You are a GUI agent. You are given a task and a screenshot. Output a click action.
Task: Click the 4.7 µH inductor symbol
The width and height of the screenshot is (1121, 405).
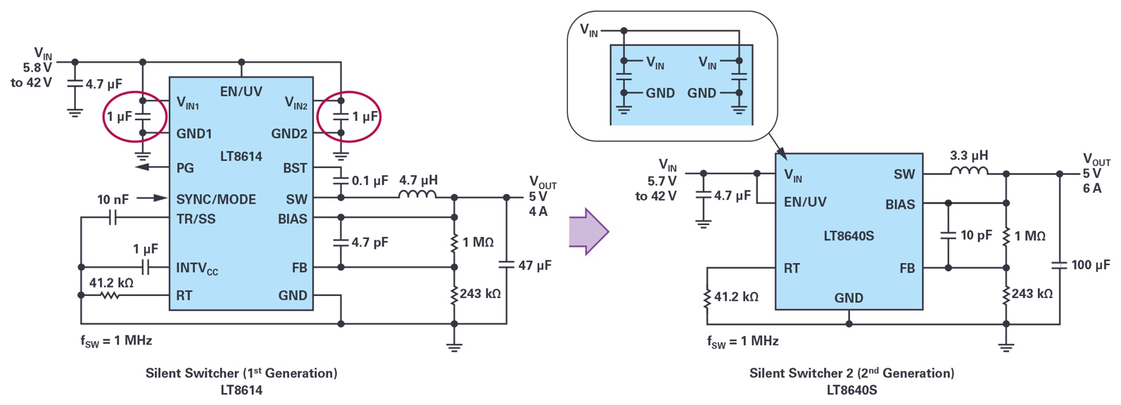pos(417,194)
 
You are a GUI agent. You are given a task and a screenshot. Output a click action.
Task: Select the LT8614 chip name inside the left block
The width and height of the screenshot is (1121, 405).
pos(241,157)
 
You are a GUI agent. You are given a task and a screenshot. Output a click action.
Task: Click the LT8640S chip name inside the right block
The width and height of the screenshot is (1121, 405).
pos(849,236)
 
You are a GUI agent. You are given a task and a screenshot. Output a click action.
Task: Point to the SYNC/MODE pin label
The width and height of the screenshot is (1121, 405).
pos(216,200)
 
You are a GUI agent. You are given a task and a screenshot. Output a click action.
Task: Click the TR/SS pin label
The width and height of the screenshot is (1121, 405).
pos(196,219)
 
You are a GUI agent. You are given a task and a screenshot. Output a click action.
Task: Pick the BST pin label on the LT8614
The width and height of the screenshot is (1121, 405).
pos(295,168)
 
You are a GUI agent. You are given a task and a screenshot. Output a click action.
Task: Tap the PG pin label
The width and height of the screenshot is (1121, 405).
pos(185,168)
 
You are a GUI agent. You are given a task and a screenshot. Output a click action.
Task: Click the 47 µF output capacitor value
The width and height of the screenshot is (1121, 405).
pos(535,266)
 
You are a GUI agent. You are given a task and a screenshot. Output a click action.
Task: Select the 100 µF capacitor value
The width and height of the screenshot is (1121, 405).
pos(1091,265)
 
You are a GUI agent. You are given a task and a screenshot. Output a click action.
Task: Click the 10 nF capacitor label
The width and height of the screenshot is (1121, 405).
pos(113,200)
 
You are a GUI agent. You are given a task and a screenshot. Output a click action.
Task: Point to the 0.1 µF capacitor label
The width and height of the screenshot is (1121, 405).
pos(370,181)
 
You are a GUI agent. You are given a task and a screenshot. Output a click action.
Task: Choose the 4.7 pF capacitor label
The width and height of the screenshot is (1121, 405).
pos(370,243)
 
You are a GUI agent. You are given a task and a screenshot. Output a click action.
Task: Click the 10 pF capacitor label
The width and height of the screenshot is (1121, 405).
pos(976,235)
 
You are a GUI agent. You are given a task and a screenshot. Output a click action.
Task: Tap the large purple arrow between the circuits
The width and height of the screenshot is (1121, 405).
pos(588,231)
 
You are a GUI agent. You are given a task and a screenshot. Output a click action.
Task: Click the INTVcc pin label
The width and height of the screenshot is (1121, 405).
pos(197,269)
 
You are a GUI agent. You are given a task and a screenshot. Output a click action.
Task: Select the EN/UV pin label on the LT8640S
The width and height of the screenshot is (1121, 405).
pos(805,202)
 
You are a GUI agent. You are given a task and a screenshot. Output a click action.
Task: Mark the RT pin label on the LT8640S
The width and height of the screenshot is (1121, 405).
pos(792,269)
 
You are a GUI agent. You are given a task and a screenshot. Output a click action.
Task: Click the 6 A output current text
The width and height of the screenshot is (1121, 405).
pos(1091,188)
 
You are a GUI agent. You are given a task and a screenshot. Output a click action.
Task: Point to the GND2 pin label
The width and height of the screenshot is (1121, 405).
pos(289,134)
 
